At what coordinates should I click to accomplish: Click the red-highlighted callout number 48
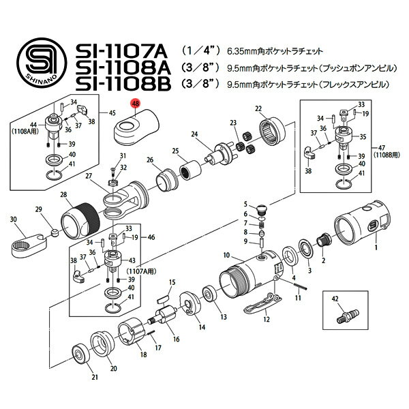click(136, 104)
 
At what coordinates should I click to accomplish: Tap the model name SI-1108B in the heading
click(125, 84)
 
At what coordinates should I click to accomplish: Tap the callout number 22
click(258, 109)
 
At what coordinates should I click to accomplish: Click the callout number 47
click(378, 147)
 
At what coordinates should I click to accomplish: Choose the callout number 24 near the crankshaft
click(194, 134)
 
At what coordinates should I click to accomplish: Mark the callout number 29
click(38, 209)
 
